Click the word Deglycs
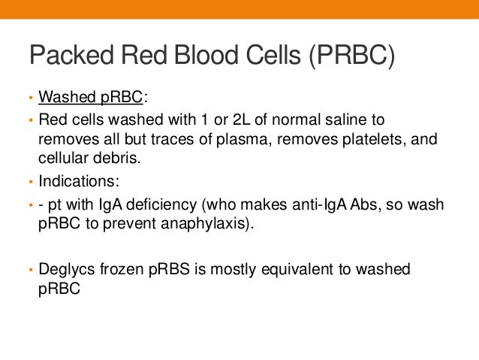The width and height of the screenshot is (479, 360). point(66,268)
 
